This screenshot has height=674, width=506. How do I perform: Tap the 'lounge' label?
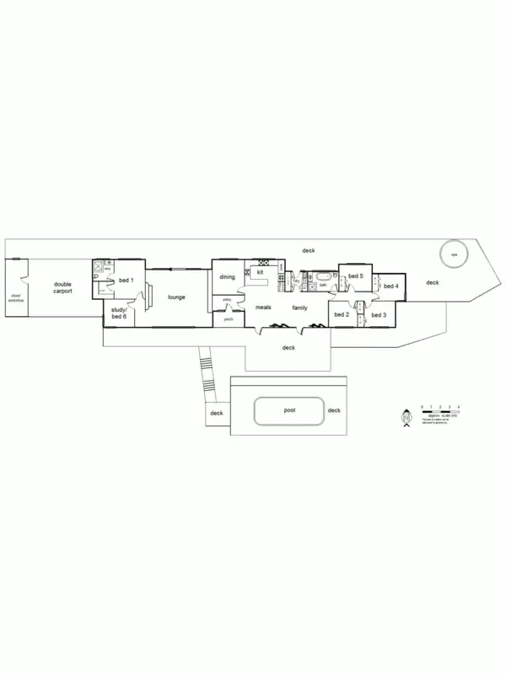[176, 297]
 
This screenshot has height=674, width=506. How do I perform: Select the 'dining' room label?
[227, 276]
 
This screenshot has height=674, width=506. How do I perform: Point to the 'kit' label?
[260, 273]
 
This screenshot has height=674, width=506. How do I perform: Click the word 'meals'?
[263, 308]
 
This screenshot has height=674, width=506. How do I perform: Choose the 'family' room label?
[299, 308]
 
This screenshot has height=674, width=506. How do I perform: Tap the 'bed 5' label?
[355, 275]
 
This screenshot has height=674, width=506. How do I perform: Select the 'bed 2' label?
[342, 314]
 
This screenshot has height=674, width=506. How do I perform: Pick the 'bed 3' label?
[378, 314]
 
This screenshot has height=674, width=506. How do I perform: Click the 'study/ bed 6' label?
[118, 313]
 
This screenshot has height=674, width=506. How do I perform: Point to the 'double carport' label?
[62, 287]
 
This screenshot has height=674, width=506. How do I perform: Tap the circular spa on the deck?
[453, 254]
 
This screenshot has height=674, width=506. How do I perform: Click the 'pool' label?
[289, 410]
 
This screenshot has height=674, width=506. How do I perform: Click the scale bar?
[439, 412]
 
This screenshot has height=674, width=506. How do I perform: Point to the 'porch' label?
[228, 319]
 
